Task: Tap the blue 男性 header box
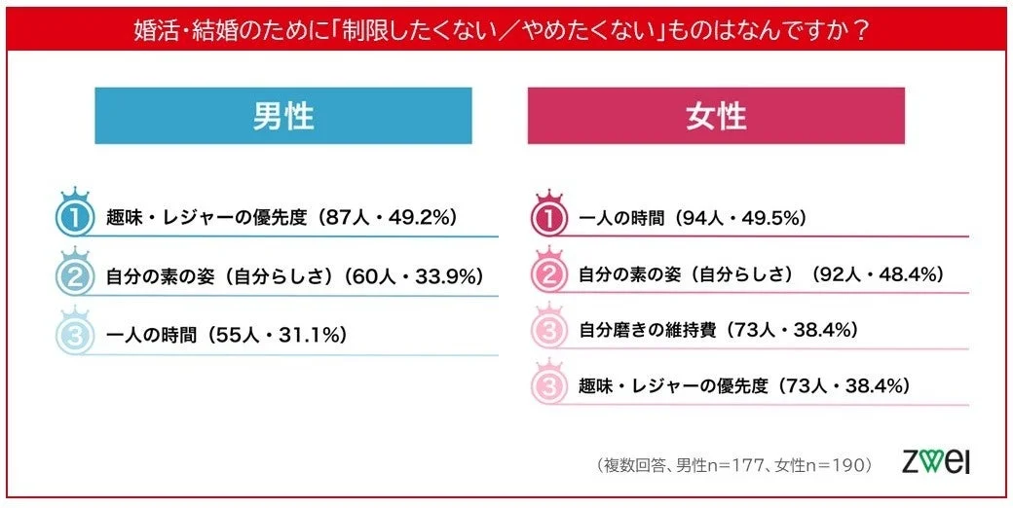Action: tap(282, 116)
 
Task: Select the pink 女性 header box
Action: tap(716, 116)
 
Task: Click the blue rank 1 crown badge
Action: tap(74, 215)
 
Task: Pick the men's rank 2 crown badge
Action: tap(74, 273)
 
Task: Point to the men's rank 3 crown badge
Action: tap(74, 333)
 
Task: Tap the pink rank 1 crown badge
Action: tap(548, 216)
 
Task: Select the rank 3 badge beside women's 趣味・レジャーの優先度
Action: tap(548, 385)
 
